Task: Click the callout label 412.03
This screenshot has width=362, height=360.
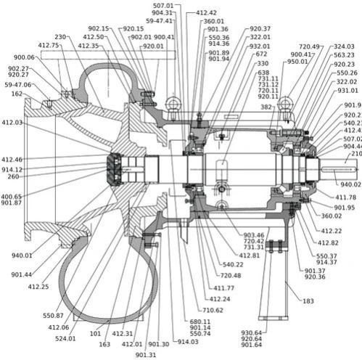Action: coord(13,123)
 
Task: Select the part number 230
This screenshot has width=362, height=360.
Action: coord(60,37)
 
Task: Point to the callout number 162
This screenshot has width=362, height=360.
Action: coord(16,94)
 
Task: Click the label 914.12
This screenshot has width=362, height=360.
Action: coord(12,169)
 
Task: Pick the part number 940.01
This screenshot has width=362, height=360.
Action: coord(22,255)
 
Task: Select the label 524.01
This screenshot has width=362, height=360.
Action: coord(65,337)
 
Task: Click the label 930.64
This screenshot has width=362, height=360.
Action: coord(252,332)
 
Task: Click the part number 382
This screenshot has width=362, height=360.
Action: coord(266,107)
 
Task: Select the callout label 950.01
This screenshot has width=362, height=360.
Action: coord(297,62)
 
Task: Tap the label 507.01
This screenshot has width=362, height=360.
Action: coord(163,5)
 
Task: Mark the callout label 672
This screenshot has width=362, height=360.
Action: coord(261,54)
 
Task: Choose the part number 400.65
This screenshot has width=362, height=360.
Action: coord(12,196)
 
